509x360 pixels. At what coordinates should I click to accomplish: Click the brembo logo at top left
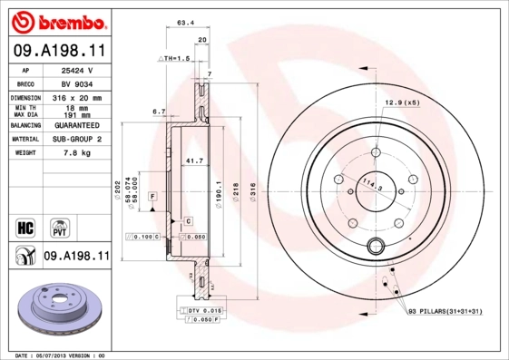tap(56, 19)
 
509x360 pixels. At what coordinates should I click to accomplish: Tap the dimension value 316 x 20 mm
tap(75, 96)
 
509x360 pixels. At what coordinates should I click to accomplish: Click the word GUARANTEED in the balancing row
tap(75, 125)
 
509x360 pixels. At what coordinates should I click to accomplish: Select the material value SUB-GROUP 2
tap(75, 139)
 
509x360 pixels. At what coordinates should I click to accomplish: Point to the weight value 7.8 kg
tap(75, 153)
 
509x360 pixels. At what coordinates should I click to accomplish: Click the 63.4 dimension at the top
tap(185, 24)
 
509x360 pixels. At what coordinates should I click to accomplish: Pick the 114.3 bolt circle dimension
tap(369, 186)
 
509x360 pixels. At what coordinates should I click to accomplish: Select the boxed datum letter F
tap(152, 196)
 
